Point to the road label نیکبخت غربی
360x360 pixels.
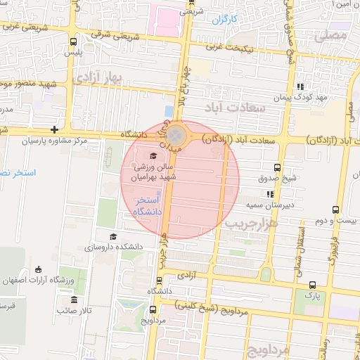coord(245,49)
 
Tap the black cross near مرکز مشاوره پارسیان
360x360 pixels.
coord(54,129)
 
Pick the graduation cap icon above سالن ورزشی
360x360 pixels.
coord(154,155)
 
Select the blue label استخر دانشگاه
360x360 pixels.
coord(148,206)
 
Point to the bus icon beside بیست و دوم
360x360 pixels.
coord(336,209)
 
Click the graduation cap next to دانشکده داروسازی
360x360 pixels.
coord(112,237)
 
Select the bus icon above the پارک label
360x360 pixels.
coord(312,285)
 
